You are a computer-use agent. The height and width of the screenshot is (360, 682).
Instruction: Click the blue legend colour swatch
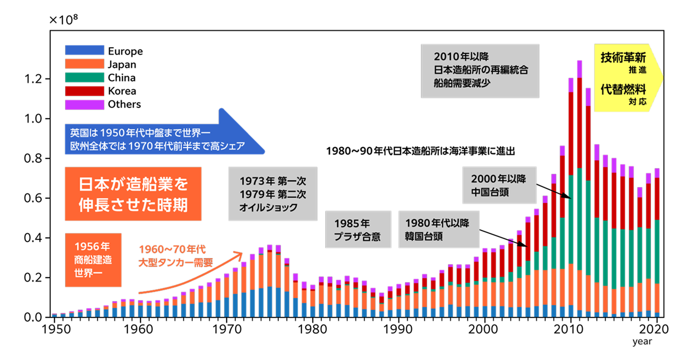[x=84, y=50]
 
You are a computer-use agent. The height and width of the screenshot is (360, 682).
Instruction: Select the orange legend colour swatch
[x=84, y=64]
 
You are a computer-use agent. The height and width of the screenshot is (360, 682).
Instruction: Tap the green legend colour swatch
[x=84, y=78]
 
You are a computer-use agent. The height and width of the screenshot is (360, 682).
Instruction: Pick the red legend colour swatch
[x=84, y=91]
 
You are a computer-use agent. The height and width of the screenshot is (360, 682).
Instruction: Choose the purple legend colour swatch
[x=84, y=105]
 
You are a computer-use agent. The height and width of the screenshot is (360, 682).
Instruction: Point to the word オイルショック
[x=269, y=207]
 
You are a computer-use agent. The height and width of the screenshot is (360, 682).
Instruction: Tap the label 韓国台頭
[x=423, y=237]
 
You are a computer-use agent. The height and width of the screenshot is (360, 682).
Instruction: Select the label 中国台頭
[x=490, y=193]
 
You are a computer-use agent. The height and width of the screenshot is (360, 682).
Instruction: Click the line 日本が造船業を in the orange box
[x=133, y=184]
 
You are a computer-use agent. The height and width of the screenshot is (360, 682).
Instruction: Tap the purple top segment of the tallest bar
[x=579, y=69]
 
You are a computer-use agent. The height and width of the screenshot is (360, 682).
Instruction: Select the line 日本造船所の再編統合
[x=481, y=69]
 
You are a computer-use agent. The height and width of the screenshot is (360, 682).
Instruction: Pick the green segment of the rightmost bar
[x=657, y=251]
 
